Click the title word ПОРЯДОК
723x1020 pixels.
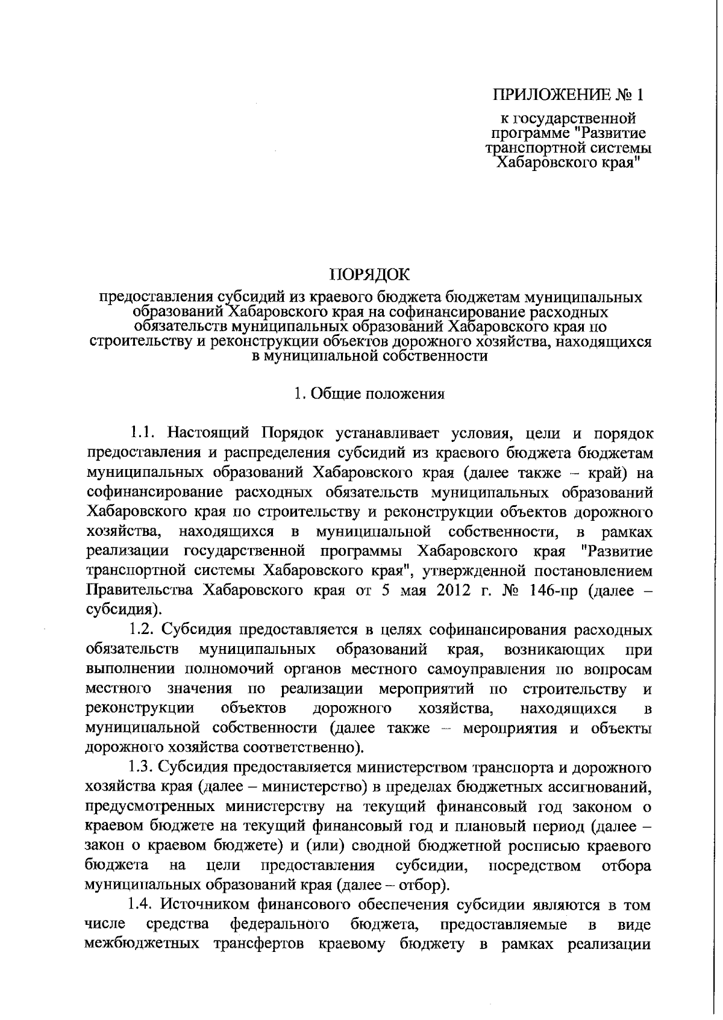369,276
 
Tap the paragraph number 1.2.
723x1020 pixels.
144,630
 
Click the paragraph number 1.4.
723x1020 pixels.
144,905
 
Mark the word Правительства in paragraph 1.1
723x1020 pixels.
141,590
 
